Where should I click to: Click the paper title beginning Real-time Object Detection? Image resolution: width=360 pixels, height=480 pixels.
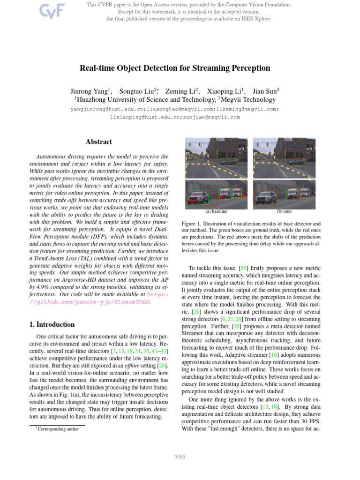pos(180,68)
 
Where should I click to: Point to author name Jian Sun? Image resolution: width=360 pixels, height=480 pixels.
pos(265,91)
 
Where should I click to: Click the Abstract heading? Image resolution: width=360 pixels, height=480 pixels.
pos(98,142)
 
